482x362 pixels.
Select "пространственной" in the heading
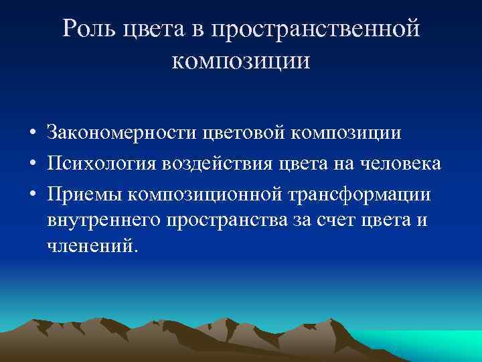click(315, 29)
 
